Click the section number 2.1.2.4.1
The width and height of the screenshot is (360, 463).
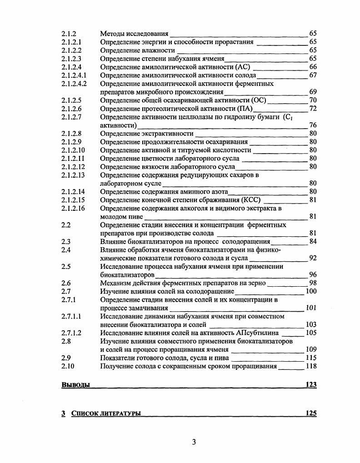[x=74, y=75]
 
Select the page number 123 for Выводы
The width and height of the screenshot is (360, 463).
[x=311, y=385]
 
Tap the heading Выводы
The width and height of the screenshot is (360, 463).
[x=75, y=385]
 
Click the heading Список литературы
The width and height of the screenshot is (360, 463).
[x=106, y=413]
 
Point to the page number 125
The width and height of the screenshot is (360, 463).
[x=311, y=413]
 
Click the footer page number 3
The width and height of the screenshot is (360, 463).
[x=194, y=442]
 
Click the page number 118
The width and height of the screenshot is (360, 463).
[x=311, y=366]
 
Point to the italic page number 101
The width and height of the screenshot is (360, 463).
[x=311, y=308]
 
